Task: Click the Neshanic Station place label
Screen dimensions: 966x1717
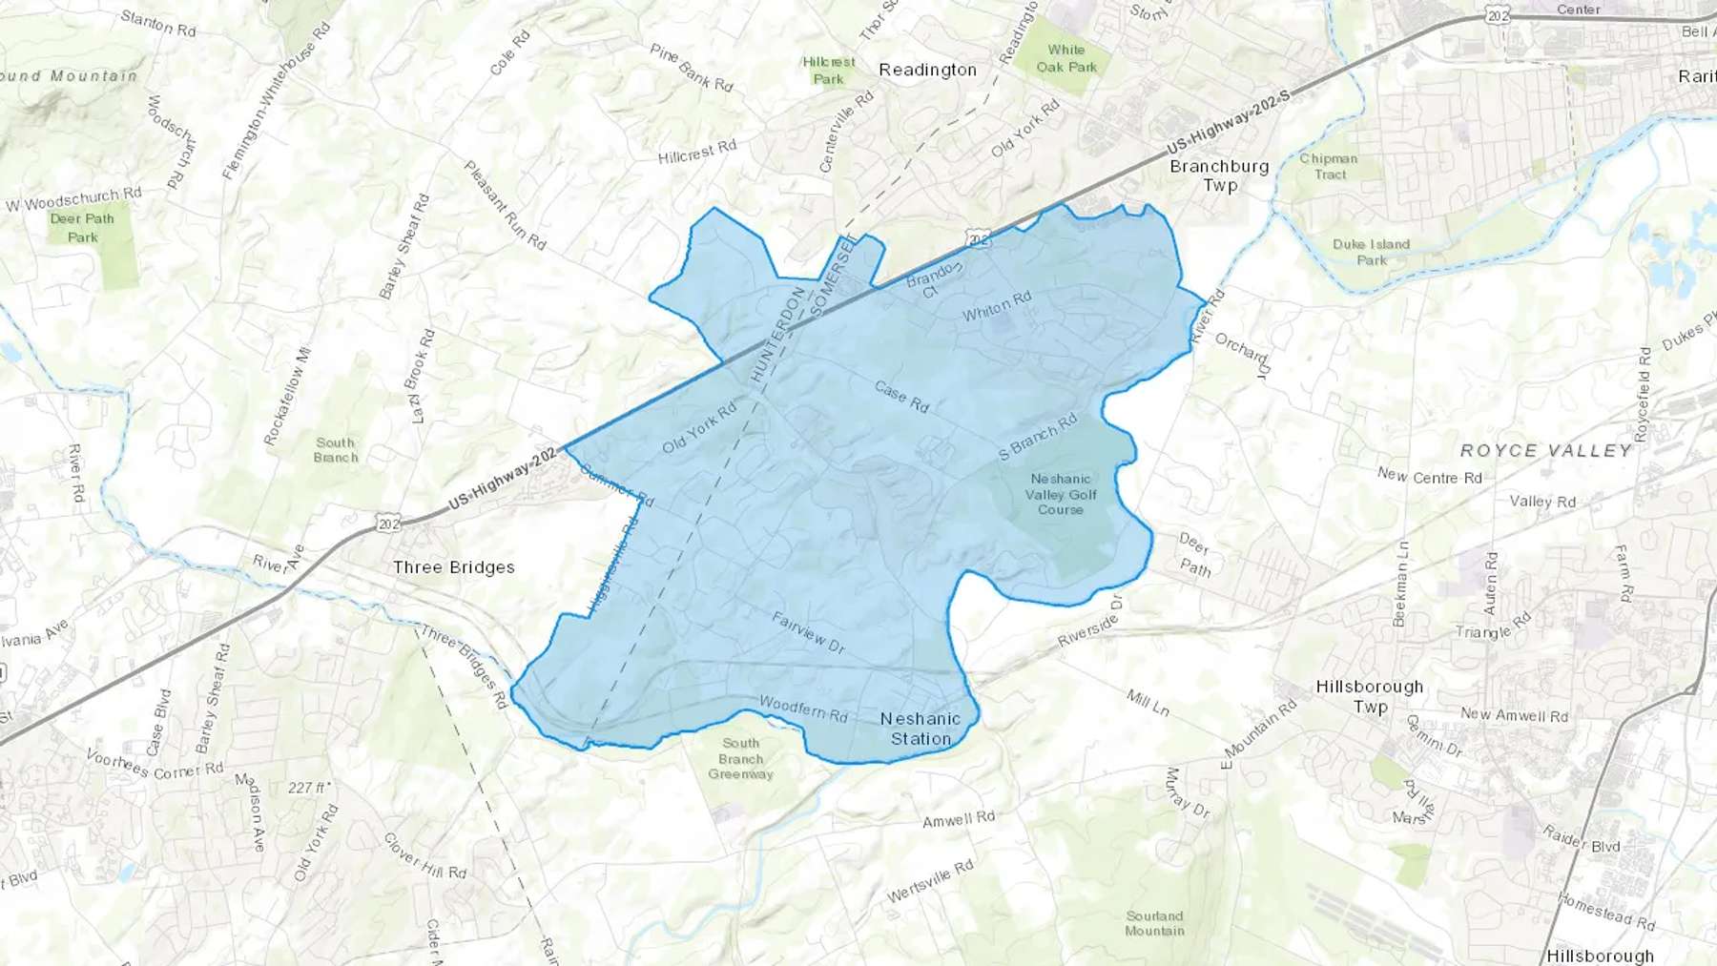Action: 921,729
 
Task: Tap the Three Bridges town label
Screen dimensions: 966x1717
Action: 454,567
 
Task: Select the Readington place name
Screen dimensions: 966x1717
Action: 927,70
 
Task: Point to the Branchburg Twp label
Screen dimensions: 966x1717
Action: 1219,175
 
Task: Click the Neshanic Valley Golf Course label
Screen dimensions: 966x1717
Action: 1061,494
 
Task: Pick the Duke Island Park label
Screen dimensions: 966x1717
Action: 1371,252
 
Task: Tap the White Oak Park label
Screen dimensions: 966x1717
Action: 1066,58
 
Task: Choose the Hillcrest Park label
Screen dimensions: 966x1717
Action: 829,71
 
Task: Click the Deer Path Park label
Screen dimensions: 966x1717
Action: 82,228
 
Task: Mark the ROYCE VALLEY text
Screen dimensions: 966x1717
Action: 1546,451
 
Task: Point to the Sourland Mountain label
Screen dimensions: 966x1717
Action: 1154,923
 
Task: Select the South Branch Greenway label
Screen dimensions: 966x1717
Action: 741,758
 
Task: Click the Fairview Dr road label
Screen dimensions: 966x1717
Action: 808,633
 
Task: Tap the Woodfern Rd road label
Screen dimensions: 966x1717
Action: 803,709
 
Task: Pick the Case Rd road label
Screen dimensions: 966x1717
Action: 901,397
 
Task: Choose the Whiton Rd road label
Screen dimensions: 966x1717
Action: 997,306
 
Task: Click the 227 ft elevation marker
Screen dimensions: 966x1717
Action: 309,788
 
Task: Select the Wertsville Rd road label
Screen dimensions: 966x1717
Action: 930,881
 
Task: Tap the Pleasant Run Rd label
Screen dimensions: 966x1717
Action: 505,205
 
